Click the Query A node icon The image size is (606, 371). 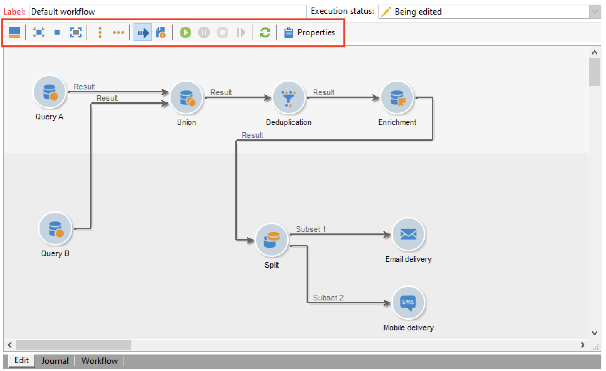(50, 92)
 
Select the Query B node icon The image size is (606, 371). (55, 229)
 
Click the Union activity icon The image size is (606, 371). (187, 98)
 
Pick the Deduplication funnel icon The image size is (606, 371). (289, 98)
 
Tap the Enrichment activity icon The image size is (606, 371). (397, 98)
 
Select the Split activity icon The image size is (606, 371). (272, 240)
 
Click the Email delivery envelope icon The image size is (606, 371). (408, 235)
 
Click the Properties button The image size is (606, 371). (310, 33)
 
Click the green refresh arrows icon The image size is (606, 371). (265, 33)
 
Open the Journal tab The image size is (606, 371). (55, 361)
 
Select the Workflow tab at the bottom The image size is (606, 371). (100, 361)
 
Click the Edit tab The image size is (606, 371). (22, 360)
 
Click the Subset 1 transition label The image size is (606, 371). (311, 229)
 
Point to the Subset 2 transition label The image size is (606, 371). (328, 298)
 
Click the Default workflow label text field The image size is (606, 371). (167, 12)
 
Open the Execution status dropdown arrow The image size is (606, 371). (595, 12)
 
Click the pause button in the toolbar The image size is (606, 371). (204, 33)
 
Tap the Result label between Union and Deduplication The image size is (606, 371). (221, 92)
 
